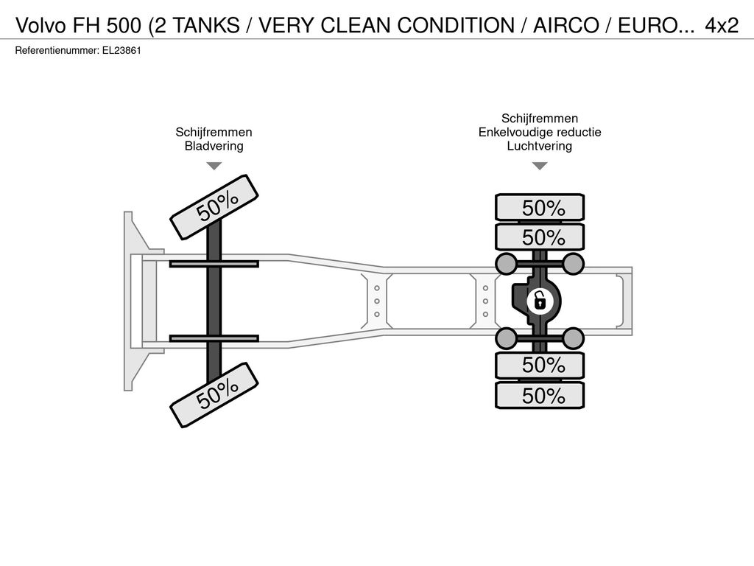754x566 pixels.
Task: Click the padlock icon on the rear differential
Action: coord(540,301)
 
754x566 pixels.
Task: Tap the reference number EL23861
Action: coord(121,51)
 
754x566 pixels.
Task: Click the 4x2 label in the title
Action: coord(722,25)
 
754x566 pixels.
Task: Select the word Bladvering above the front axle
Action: coord(214,146)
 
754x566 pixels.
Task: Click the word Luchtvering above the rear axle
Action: coord(540,146)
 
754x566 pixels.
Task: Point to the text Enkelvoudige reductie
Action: coord(540,132)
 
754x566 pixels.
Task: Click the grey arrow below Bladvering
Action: coord(214,166)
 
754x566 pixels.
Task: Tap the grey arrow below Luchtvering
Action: coord(540,166)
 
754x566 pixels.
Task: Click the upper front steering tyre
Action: coord(214,207)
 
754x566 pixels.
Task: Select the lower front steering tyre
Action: coord(214,395)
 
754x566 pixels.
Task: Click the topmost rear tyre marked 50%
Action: coord(540,208)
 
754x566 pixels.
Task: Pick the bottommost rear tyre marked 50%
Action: coord(540,396)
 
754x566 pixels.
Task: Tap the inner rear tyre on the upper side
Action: coord(540,237)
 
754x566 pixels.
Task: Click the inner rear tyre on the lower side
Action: coord(540,365)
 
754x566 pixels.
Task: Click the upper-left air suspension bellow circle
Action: coord(506,263)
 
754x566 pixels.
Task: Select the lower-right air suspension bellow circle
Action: coord(573,338)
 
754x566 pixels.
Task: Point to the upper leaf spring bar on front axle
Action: coord(214,264)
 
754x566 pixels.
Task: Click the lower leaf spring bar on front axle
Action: coord(214,338)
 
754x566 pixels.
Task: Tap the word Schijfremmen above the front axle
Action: coord(214,132)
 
